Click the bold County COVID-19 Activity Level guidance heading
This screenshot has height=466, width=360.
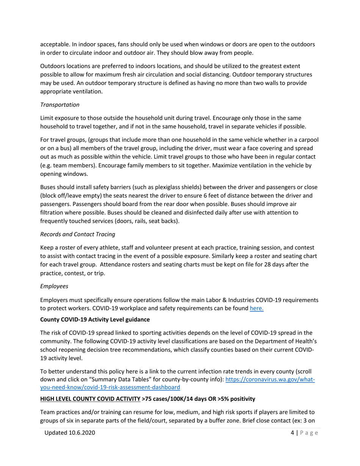pos(95,319)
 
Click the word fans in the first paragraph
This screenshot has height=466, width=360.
pos(121,44)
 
